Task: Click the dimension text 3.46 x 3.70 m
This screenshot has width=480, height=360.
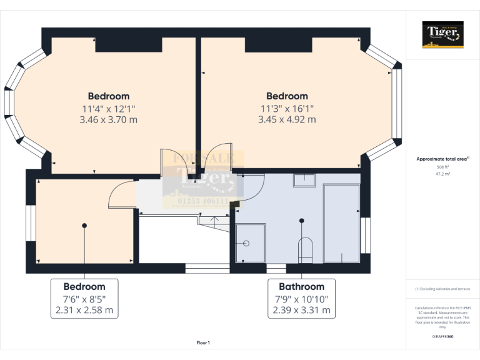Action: (x=109, y=119)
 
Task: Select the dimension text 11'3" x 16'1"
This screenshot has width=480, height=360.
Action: (x=287, y=108)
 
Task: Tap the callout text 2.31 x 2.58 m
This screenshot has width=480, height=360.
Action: (x=84, y=310)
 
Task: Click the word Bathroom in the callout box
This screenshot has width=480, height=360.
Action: (x=302, y=286)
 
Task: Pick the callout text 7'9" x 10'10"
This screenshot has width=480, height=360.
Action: (x=302, y=299)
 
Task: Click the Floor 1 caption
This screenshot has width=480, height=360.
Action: (x=203, y=342)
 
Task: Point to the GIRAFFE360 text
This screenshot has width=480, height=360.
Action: (x=442, y=337)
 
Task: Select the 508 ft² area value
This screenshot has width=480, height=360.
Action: (x=442, y=167)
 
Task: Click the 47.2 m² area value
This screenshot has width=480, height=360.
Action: (x=442, y=174)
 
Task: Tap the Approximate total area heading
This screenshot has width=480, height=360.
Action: (x=442, y=159)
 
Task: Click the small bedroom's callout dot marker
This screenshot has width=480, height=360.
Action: (x=84, y=225)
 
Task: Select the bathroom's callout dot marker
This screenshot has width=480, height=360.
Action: (x=302, y=220)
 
